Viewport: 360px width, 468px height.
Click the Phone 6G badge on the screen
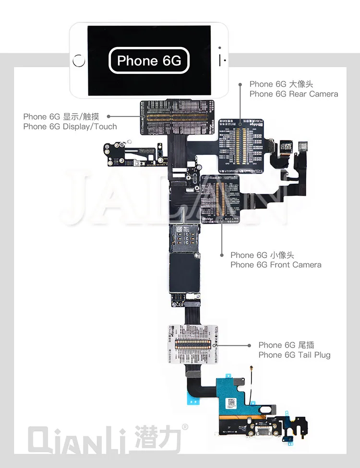[149, 60]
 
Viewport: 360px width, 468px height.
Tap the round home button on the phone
[78, 61]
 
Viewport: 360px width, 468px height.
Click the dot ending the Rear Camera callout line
[240, 84]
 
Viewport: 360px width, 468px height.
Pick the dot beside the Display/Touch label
[109, 116]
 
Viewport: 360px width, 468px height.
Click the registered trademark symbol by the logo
[185, 427]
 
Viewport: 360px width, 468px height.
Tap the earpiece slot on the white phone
[221, 61]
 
